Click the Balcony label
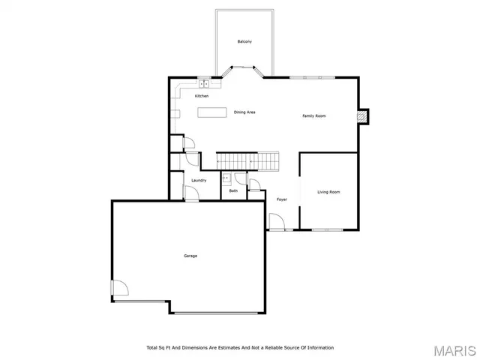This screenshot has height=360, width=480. click(x=244, y=41)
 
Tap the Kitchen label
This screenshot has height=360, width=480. click(x=202, y=96)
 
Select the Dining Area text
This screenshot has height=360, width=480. click(x=244, y=112)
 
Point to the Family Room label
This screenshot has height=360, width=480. click(x=314, y=115)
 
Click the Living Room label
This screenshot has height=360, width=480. click(x=328, y=192)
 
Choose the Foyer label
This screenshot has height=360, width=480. click(x=282, y=199)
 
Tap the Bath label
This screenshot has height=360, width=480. click(x=233, y=191)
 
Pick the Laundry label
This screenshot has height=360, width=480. click(x=199, y=180)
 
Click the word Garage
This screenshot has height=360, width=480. click(x=190, y=256)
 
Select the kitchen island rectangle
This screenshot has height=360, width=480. click(x=212, y=112)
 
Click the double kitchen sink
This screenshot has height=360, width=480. click(x=203, y=84)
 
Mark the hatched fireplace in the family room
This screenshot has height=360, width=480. click(x=362, y=116)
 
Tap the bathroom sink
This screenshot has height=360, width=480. click(x=226, y=178)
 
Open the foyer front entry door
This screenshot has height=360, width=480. click(x=276, y=221)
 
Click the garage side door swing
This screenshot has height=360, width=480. click(x=118, y=288)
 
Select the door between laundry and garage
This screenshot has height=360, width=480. click(x=191, y=194)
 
